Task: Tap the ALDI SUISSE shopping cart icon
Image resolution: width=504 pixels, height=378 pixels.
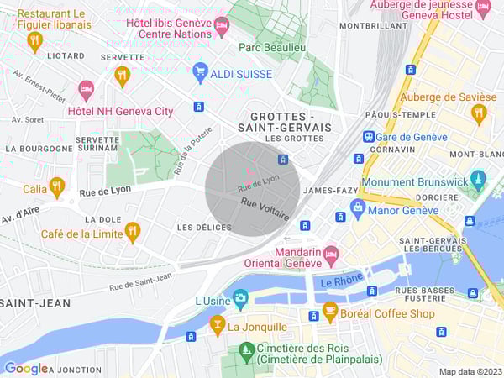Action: [x=200, y=73]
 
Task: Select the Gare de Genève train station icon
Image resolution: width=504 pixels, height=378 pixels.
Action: [x=368, y=136]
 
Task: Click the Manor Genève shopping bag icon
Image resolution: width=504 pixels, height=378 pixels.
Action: [x=357, y=207]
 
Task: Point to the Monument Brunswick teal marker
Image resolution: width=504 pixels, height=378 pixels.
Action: [x=478, y=178]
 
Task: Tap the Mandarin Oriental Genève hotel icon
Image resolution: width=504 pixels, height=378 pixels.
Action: [x=331, y=252]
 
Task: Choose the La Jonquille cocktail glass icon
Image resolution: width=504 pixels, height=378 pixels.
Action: [x=218, y=324]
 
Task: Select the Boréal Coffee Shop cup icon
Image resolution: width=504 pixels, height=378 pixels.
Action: [x=330, y=312]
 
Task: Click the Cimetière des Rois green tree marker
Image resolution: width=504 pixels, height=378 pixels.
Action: [x=246, y=349]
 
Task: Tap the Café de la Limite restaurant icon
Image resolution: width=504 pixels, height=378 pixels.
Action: [x=132, y=231]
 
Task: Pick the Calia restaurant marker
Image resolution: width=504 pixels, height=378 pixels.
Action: [x=57, y=186]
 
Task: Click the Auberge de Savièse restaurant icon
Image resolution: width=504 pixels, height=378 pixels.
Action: [x=480, y=113]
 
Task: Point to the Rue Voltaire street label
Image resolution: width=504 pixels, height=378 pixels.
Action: [x=265, y=209]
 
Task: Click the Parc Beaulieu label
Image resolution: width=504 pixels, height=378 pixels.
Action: [x=271, y=47]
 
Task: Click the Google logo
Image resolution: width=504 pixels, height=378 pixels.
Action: [x=25, y=368]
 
